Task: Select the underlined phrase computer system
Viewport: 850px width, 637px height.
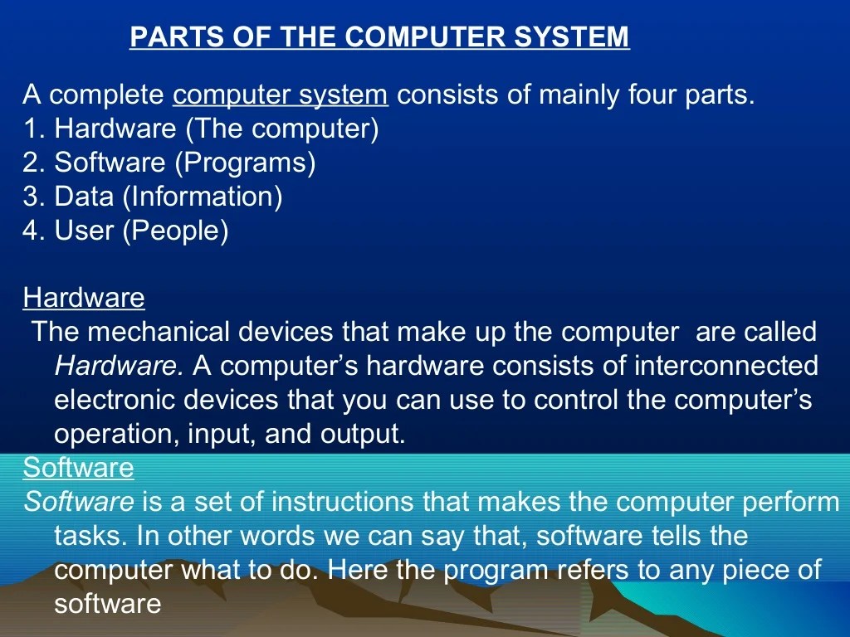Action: (281, 95)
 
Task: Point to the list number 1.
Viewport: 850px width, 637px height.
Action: (32, 129)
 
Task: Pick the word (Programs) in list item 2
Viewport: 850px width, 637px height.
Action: (245, 163)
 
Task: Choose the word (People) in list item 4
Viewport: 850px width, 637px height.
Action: (175, 230)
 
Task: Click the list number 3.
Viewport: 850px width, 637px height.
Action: (32, 197)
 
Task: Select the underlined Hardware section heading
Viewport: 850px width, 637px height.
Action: (84, 297)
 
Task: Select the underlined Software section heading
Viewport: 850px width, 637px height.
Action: (78, 468)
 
